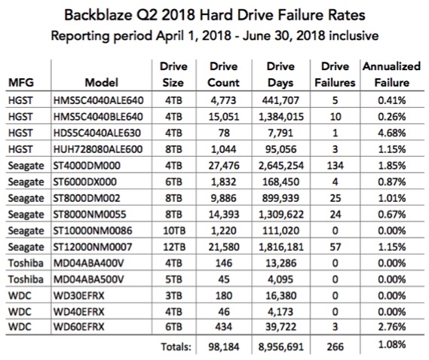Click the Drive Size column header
click(173, 75)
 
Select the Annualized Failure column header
click(392, 75)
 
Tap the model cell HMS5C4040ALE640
click(99, 101)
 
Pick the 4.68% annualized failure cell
click(392, 133)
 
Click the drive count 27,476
click(224, 166)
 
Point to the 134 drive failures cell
click(336, 166)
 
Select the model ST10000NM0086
click(93, 230)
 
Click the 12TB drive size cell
click(174, 247)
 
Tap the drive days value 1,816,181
click(281, 247)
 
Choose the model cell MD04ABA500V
click(89, 279)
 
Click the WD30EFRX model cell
click(79, 296)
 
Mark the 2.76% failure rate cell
click(392, 327)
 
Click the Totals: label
click(176, 347)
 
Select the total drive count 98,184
click(224, 347)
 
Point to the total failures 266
click(336, 347)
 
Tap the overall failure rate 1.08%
click(392, 345)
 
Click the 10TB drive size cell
click(174, 230)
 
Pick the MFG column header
click(21, 83)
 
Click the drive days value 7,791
click(281, 133)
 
